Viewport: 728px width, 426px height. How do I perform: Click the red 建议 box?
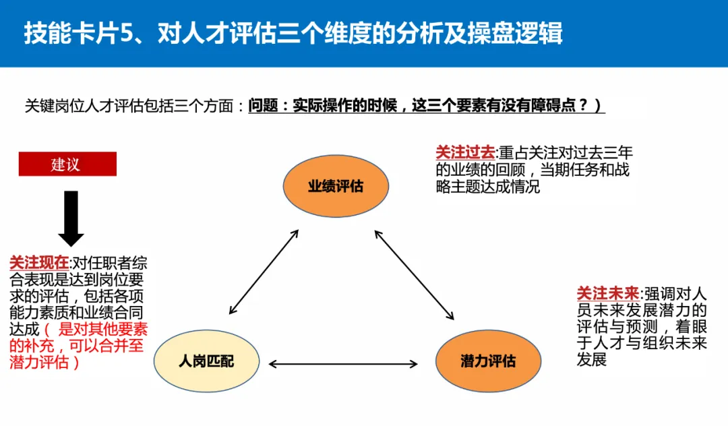[67, 164]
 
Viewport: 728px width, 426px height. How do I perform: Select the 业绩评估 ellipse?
[335, 186]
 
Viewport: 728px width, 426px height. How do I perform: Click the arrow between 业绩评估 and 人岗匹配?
[264, 272]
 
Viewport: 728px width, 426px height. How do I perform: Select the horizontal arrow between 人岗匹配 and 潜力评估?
[343, 365]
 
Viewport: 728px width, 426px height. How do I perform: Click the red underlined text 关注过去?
[465, 153]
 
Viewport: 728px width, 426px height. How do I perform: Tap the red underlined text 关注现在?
[39, 264]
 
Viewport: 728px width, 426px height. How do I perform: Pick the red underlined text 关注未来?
[607, 294]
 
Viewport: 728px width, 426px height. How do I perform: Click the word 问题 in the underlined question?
[262, 106]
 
